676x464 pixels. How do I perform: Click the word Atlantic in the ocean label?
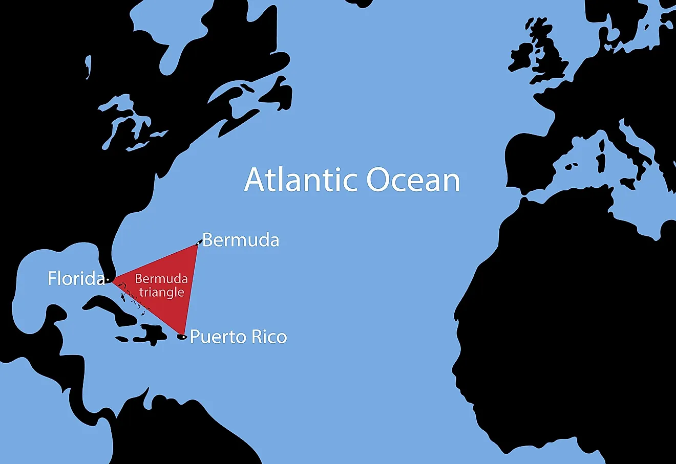(x=301, y=180)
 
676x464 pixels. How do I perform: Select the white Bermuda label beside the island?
(x=241, y=240)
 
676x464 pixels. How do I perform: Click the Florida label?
(x=76, y=278)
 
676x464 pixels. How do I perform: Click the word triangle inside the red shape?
(x=161, y=293)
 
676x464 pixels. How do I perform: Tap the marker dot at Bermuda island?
(x=199, y=242)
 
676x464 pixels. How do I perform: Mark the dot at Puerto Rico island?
(x=183, y=337)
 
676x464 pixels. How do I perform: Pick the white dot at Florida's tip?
(x=108, y=280)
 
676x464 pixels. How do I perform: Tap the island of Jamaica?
(x=122, y=339)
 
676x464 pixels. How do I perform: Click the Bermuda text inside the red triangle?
(x=161, y=279)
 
